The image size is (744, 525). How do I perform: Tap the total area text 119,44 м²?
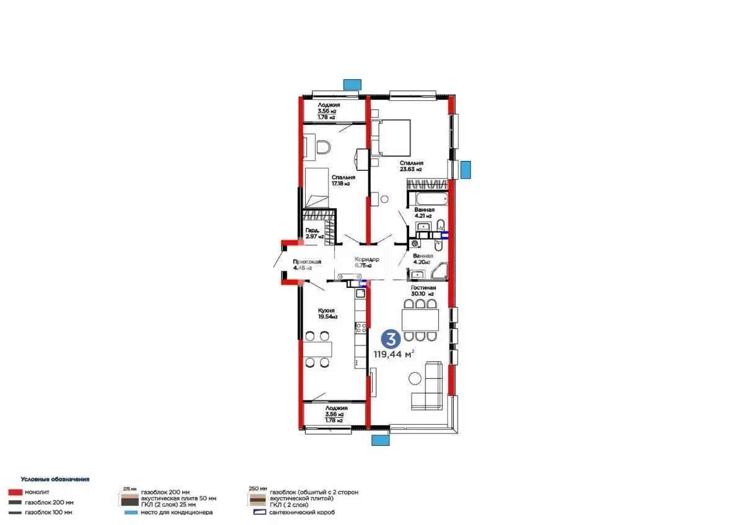pos(393,354)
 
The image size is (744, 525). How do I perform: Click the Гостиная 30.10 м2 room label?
pos(423,291)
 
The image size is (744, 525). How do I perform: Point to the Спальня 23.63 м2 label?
pos(411,165)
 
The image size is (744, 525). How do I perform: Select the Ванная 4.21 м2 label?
pos(425,213)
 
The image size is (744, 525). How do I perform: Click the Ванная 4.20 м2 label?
pos(424,258)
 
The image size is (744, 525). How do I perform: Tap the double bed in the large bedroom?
pos(391,137)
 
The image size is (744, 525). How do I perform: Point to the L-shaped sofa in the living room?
pos(428,386)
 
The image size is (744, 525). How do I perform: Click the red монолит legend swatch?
pos(15,492)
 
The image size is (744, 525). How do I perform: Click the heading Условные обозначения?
pos(55,479)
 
